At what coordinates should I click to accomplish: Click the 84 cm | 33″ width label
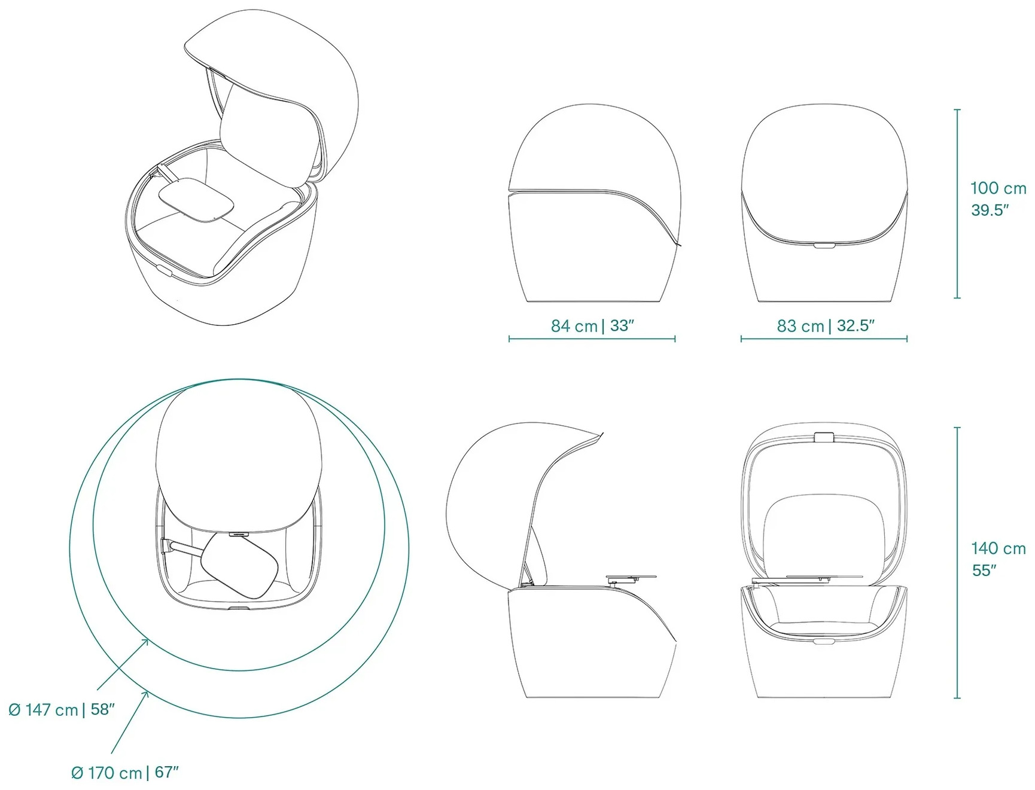click(592, 326)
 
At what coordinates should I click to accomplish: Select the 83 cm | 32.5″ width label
click(826, 326)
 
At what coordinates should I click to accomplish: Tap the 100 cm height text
click(998, 188)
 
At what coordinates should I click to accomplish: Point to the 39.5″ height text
click(990, 211)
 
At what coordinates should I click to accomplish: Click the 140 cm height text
click(998, 548)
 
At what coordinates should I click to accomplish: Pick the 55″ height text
click(984, 571)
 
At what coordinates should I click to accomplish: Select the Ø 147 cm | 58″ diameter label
click(62, 710)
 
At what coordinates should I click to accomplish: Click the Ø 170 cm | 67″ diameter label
click(125, 773)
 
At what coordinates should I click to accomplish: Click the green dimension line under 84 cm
click(592, 339)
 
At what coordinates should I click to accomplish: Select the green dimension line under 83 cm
click(824, 339)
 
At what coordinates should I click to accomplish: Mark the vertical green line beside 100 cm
click(957, 203)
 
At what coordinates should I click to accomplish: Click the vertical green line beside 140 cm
click(957, 563)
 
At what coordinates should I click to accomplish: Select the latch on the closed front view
click(824, 245)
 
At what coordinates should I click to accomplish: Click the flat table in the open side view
click(631, 578)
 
